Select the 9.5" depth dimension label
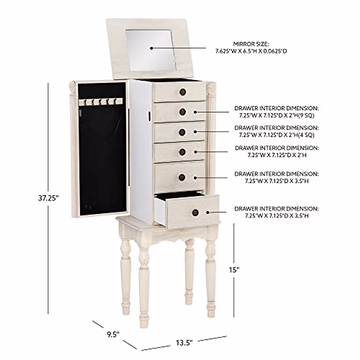pos(113,325)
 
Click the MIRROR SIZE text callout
pos(251,47)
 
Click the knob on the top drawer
pos(183,91)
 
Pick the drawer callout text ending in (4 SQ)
pos(277,131)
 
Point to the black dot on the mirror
pos(151,48)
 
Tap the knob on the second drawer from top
pos(183,112)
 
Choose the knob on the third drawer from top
pos(183,132)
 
